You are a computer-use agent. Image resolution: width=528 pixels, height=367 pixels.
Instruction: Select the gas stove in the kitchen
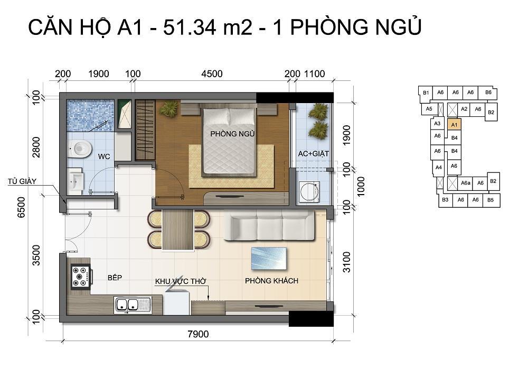click(x=81, y=277)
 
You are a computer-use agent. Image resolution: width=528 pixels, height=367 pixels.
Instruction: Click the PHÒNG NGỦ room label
click(x=232, y=134)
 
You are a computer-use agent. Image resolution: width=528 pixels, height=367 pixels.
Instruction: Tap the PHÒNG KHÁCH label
click(x=271, y=281)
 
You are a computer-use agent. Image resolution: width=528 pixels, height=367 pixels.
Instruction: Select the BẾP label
click(x=115, y=278)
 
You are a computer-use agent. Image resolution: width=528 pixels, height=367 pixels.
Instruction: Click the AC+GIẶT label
click(x=314, y=154)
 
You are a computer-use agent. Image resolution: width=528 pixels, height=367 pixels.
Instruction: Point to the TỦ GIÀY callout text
click(x=22, y=181)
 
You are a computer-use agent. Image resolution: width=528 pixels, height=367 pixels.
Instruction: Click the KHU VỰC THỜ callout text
click(x=181, y=281)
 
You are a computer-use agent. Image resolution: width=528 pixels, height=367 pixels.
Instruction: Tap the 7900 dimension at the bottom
click(x=198, y=334)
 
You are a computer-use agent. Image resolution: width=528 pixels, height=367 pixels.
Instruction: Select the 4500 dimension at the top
click(x=212, y=74)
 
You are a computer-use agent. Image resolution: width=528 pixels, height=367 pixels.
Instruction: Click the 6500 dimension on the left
click(x=21, y=207)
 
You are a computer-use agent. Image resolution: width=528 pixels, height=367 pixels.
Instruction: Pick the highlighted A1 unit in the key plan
click(x=454, y=125)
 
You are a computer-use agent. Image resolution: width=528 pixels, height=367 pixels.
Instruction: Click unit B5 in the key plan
click(x=491, y=200)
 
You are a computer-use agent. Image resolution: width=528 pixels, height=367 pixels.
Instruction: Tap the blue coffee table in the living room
click(x=269, y=259)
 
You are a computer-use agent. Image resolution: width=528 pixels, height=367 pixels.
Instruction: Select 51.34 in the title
click(x=189, y=27)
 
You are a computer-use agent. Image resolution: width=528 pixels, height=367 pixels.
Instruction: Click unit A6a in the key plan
click(x=466, y=183)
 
